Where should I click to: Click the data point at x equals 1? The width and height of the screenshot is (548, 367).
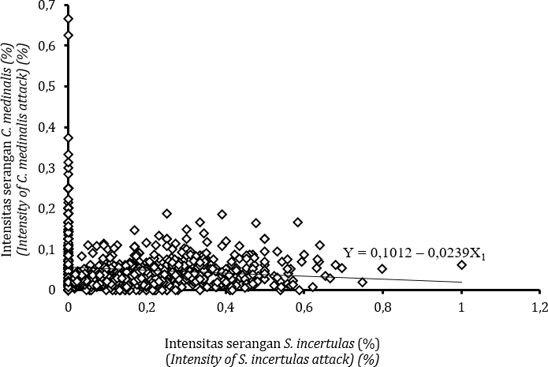tap(462, 265)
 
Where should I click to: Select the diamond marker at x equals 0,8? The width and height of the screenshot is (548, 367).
tap(382, 269)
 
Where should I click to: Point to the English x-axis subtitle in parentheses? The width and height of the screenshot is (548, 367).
tap(273, 359)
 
